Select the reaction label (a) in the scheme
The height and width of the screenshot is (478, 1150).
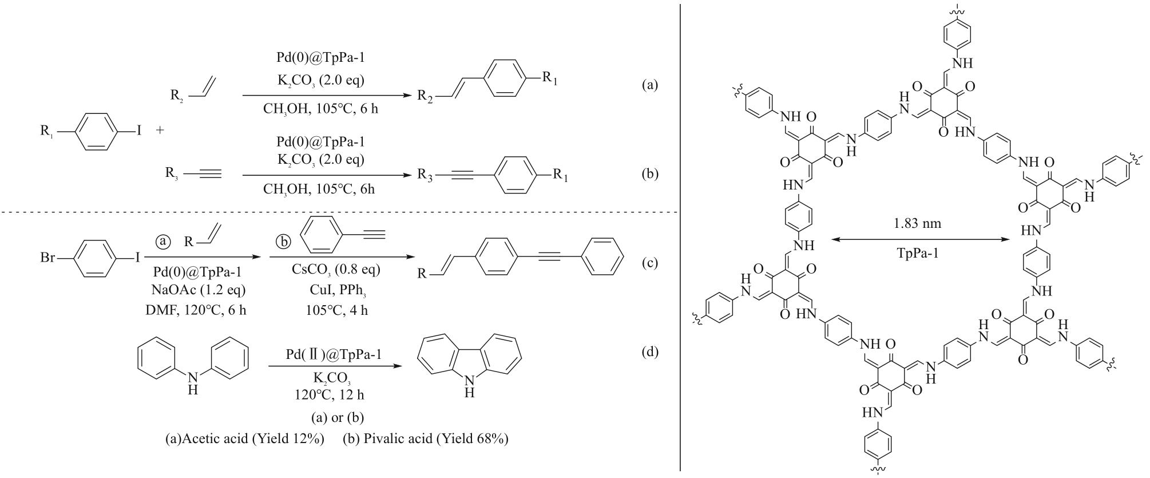pyautogui.click(x=650, y=85)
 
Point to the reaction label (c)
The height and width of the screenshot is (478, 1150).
pyautogui.click(x=650, y=263)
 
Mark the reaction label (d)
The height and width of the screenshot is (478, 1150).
pyautogui.click(x=650, y=351)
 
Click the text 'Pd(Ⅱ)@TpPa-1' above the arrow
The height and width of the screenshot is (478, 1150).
pyautogui.click(x=334, y=355)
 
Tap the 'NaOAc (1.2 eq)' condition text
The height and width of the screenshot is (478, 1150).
pyautogui.click(x=196, y=290)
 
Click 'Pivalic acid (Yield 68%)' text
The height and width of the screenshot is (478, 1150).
pyautogui.click(x=426, y=439)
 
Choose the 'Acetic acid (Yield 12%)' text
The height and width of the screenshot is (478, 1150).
pyautogui.click(x=244, y=439)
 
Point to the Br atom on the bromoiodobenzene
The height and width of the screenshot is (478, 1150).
pyautogui.click(x=47, y=258)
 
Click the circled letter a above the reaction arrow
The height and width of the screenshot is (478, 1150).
pyautogui.click(x=164, y=242)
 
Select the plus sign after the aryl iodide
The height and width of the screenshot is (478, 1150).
pyautogui.click(x=160, y=131)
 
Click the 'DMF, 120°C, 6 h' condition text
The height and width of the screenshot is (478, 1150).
pyautogui.click(x=196, y=310)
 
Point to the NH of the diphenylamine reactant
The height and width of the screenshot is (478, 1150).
pyautogui.click(x=193, y=382)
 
